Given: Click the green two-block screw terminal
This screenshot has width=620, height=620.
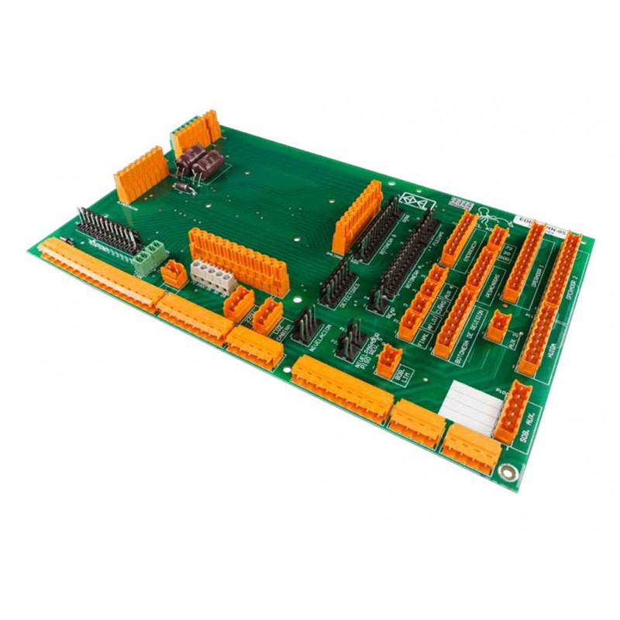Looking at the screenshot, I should pos(149,257).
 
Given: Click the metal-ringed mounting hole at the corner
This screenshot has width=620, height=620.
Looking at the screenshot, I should pos(508,470).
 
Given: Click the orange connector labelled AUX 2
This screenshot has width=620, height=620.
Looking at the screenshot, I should pos(495,325).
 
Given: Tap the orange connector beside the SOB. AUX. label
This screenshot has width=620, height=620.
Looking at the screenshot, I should pos(511,411).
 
